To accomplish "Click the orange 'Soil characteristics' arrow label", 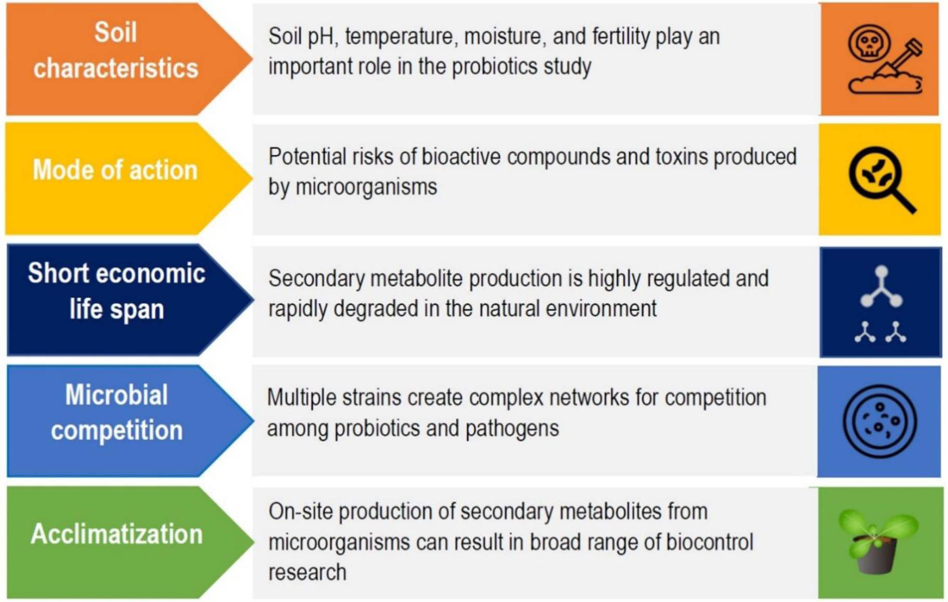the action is click(x=116, y=50).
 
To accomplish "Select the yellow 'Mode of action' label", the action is click(x=115, y=170).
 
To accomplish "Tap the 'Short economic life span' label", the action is click(x=117, y=291).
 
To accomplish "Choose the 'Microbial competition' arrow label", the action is click(x=117, y=413).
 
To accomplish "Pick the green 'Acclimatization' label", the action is click(x=117, y=534).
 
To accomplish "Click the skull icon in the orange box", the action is click(x=869, y=43).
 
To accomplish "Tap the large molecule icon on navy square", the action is click(x=881, y=287).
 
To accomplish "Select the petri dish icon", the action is click(x=880, y=421).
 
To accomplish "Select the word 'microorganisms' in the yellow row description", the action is click(x=366, y=187).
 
